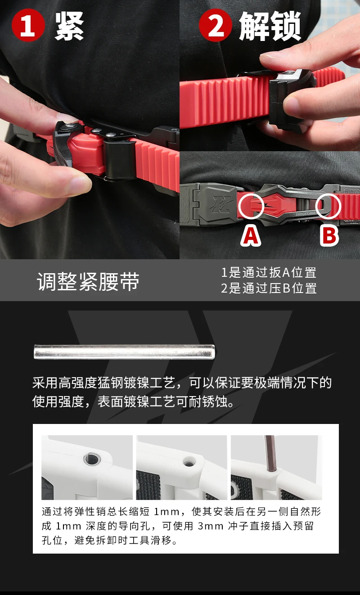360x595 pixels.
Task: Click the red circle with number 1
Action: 28,25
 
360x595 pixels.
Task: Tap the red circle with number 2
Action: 216,25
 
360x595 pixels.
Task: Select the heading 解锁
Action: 270,26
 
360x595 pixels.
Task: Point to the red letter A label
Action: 251,236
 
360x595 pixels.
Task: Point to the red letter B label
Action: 329,236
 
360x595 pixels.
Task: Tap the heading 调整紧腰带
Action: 88,281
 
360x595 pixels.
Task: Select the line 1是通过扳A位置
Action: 269,273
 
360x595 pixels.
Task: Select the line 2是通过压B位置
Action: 269,288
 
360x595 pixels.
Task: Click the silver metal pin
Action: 124,352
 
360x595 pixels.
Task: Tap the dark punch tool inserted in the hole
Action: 270,453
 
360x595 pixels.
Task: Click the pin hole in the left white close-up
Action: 92,459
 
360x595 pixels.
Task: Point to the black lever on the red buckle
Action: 63,144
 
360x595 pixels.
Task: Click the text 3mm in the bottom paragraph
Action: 210,526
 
